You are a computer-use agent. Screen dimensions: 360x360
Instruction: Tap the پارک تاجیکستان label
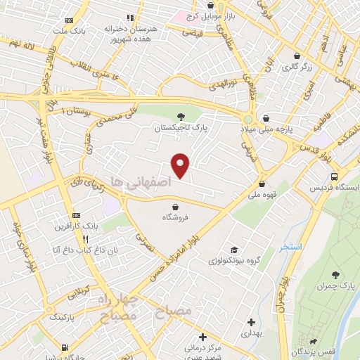(181, 129)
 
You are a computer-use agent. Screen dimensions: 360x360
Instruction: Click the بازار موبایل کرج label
(212, 15)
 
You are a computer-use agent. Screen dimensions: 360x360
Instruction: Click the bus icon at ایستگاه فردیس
(334, 176)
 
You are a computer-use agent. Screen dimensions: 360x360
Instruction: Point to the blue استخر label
(290, 247)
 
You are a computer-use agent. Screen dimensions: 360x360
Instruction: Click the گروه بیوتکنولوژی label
(234, 261)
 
